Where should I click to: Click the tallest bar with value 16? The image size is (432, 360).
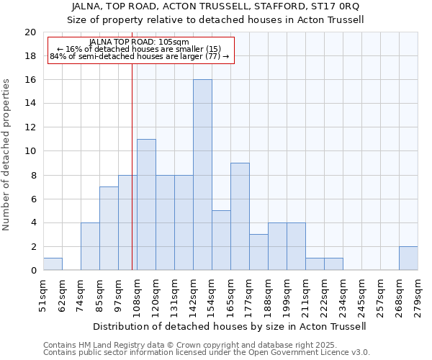click(202, 175)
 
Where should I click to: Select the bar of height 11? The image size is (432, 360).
click(146, 204)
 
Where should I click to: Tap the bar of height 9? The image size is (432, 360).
click(240, 217)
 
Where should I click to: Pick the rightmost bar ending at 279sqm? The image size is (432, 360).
click(408, 258)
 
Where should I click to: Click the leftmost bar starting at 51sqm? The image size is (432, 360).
click(53, 264)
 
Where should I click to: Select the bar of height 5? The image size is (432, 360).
click(221, 240)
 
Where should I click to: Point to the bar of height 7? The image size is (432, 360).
click(109, 228)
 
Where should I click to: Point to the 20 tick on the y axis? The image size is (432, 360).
click(30, 32)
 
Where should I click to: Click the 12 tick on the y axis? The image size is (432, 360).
click(30, 127)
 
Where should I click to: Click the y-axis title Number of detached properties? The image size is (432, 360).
click(7, 155)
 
